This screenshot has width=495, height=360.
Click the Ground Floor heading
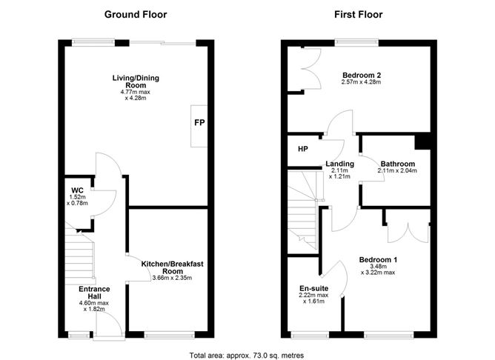point(136,14)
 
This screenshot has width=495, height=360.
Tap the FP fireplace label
point(199,123)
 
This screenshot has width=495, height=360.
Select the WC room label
point(77,190)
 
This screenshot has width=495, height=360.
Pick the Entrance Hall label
point(95,293)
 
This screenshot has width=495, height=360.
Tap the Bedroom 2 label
point(362,75)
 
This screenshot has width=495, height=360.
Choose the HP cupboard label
point(302,150)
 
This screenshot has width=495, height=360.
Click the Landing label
point(339,164)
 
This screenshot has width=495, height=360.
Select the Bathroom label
point(397,164)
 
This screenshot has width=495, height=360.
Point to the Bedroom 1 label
point(379,259)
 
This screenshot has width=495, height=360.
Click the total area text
point(247,355)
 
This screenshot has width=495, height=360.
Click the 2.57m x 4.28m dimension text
point(362,83)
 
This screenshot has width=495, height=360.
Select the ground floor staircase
point(79,256)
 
